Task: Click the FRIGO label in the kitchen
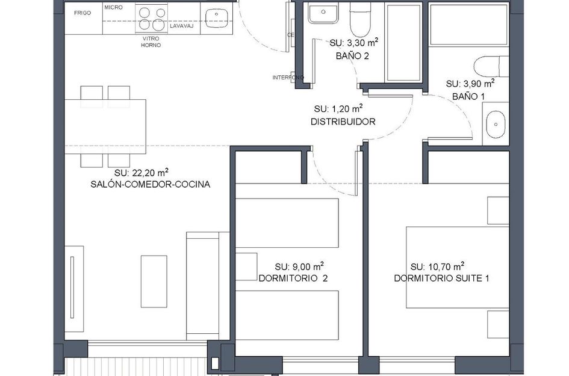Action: pyautogui.click(x=82, y=13)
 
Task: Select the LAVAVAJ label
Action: pyautogui.click(x=181, y=26)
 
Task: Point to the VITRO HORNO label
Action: pyautogui.click(x=151, y=42)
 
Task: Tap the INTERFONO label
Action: pyautogui.click(x=288, y=78)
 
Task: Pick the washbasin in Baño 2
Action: pyautogui.click(x=325, y=13)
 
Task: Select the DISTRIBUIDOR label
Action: pyautogui.click(x=343, y=122)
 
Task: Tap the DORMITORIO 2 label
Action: pyautogui.click(x=293, y=278)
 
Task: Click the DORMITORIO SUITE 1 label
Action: pyautogui.click(x=437, y=278)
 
